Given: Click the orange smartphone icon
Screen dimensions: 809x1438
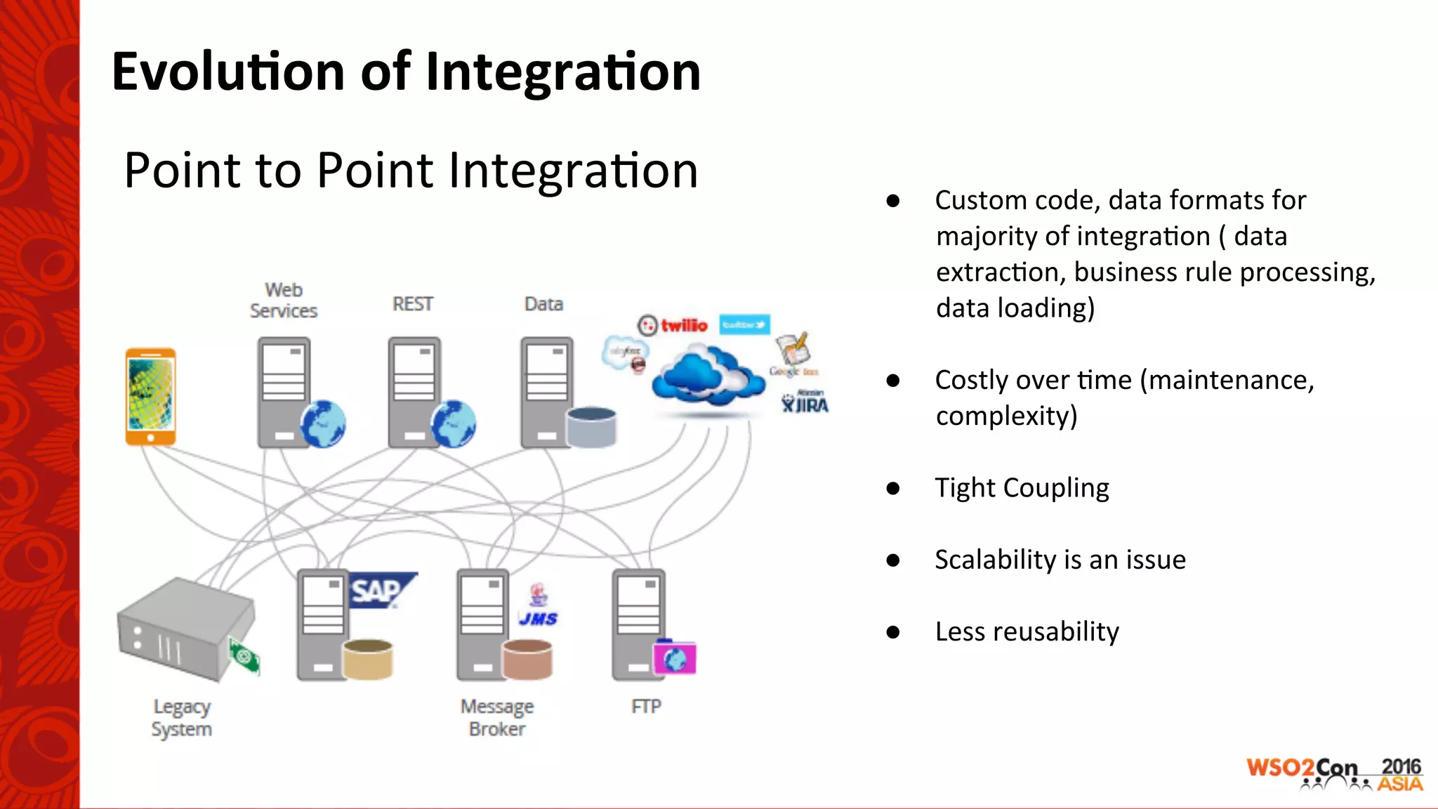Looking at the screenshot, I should pos(150,397).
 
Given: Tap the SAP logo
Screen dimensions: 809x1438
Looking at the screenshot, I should pos(380,591).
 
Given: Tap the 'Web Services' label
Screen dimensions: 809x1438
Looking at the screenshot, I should pos(284,301).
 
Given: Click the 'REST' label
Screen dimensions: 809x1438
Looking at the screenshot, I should pos(412,304).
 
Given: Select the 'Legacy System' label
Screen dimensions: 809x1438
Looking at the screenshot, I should pos(182,718).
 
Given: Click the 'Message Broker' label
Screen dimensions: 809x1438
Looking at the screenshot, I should pos(497,718).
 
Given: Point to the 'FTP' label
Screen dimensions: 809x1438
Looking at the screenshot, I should pos(646,706).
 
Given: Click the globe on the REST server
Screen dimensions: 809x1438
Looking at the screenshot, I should pos(454,424).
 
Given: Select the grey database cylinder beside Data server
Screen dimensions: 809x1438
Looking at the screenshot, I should pos(591,426).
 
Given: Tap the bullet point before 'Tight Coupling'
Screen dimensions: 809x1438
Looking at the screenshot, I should pos(892,488).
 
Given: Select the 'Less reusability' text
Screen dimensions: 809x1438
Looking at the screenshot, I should pos(1027,631).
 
